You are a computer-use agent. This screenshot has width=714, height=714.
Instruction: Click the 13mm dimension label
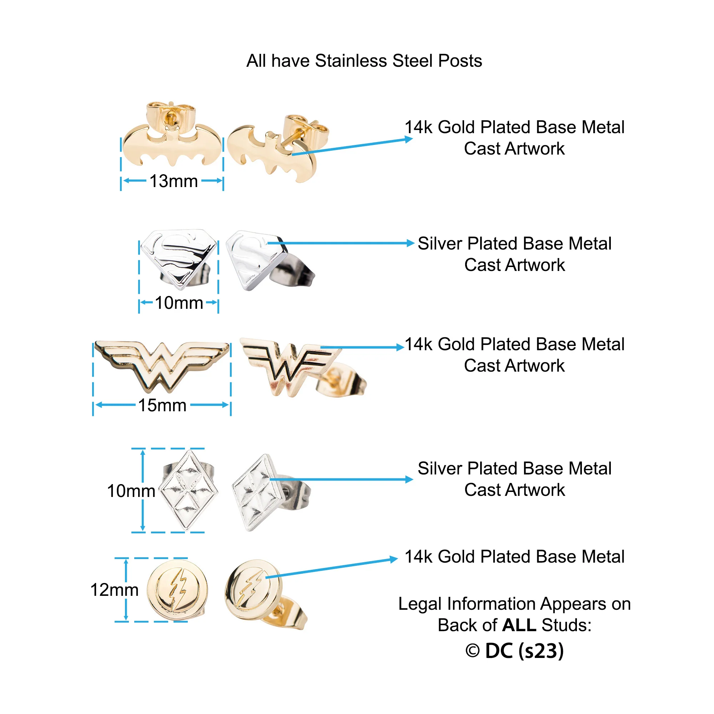174,181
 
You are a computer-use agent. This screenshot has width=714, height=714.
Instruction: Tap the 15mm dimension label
162,405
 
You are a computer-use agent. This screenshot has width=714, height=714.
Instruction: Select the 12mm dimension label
115,590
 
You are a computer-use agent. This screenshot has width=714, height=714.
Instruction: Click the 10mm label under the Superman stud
179,303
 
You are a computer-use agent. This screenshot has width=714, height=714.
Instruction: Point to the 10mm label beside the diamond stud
131,491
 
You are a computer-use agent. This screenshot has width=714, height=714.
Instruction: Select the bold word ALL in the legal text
519,625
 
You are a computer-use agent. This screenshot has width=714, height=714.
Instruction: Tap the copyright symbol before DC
472,651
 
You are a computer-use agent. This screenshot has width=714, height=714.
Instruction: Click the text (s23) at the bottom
541,651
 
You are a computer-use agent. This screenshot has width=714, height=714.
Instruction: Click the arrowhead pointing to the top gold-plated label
408,139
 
